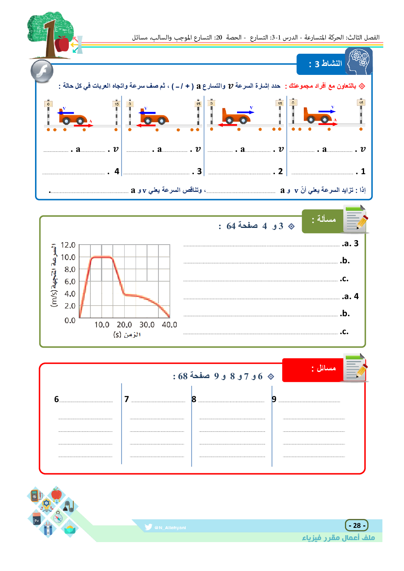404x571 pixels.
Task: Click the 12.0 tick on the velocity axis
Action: click(68, 245)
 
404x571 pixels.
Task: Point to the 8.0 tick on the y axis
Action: click(70, 269)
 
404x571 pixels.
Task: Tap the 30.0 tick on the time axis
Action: click(147, 325)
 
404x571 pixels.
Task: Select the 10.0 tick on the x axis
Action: click(102, 325)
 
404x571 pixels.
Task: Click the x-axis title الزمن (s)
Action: click(127, 335)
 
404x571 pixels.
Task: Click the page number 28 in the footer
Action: click(357, 525)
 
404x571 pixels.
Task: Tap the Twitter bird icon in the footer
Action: click(148, 527)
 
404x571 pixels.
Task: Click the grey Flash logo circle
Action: click(42, 71)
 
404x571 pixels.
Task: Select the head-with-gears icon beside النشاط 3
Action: click(359, 61)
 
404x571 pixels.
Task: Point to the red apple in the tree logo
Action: click(62, 44)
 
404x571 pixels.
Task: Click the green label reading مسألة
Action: click(324, 220)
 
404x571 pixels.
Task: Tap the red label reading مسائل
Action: click(324, 369)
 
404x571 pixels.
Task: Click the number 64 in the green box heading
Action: click(231, 226)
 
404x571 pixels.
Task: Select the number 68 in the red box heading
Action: click(183, 376)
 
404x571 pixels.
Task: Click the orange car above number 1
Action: click(318, 116)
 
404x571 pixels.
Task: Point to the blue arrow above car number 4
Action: click(66, 113)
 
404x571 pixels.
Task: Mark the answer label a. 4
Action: click(351, 296)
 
